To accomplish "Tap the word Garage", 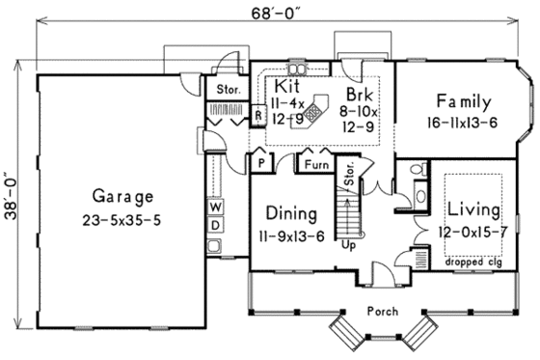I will (x=122, y=197).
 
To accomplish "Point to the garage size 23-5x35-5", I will (x=122, y=220).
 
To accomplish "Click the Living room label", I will (x=472, y=209).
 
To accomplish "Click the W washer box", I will (x=215, y=208).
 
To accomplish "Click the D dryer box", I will (x=215, y=226).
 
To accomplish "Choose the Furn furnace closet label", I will (x=314, y=164).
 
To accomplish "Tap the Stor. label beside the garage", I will (x=228, y=91).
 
